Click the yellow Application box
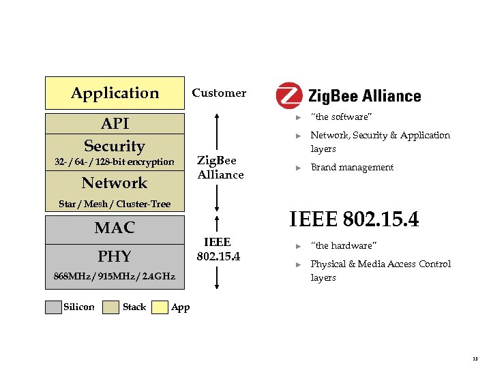(115, 93)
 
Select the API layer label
(115, 123)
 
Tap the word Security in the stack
(115, 146)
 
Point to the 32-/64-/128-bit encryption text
(115, 162)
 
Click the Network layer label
(115, 183)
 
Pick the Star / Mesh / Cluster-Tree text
(115, 204)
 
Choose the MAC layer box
(115, 228)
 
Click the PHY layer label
(115, 256)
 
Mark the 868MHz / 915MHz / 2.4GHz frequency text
(115, 277)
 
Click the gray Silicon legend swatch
(53, 307)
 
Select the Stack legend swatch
(110, 307)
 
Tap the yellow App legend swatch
(160, 307)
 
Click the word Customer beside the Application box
(219, 93)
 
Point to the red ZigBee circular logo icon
(289, 96)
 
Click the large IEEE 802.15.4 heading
(354, 219)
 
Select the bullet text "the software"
(341, 117)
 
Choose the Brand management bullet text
(352, 168)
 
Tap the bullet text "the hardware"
(343, 246)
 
